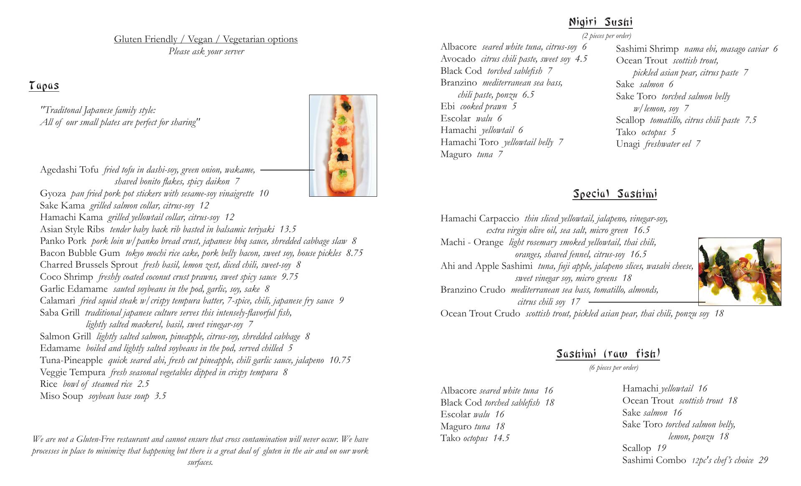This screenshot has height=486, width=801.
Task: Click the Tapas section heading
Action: tap(44, 86)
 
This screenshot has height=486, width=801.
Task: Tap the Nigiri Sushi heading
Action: tap(601, 22)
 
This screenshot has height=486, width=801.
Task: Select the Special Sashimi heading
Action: tap(615, 194)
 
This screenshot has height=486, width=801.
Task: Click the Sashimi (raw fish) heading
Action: tap(608, 354)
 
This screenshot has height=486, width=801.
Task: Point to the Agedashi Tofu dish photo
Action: tap(343, 145)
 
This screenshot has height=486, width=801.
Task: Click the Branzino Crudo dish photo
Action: tap(740, 271)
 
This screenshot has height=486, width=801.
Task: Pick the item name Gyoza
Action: tap(53, 193)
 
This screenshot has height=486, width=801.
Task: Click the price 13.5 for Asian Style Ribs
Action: tap(287, 229)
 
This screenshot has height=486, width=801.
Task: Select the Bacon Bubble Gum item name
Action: tap(80, 253)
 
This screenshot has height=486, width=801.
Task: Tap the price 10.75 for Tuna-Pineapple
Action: tap(340, 360)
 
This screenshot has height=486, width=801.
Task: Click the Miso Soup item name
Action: tap(61, 396)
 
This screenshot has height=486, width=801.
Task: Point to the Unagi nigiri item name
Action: tap(627, 144)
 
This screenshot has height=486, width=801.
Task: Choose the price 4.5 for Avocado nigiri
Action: tap(581, 59)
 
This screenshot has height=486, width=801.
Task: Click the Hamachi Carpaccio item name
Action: tap(479, 218)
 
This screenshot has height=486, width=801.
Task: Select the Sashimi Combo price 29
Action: tap(763, 460)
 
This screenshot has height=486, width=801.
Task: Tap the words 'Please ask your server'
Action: tap(206, 51)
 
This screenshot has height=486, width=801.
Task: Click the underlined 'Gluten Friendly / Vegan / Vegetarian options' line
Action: tap(206, 39)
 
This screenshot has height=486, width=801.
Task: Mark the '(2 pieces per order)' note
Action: tap(606, 36)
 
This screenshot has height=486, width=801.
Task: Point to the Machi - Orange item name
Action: tap(472, 242)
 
